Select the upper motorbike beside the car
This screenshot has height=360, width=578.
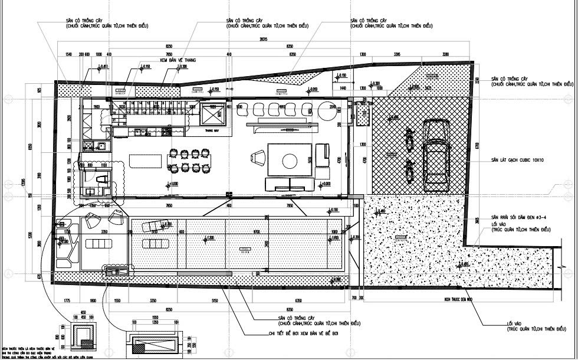tap(408, 138)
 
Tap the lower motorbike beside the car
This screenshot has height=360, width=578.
tap(408, 169)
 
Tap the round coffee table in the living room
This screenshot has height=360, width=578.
tap(291, 161)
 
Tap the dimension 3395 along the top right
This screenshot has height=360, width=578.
tap(397, 54)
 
